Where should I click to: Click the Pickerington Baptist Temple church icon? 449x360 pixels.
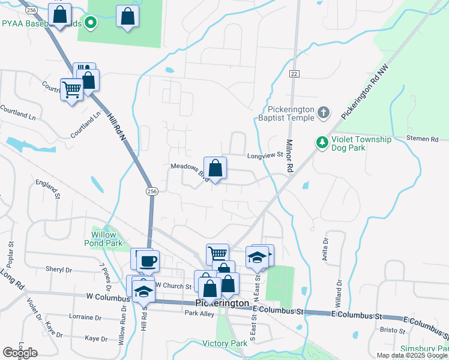click(x=323, y=112)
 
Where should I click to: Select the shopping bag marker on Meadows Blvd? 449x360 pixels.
click(x=215, y=168)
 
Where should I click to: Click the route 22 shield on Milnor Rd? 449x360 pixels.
click(x=294, y=73)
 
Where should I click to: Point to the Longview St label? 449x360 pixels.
click(x=265, y=155)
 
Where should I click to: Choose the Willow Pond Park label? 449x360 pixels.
click(x=107, y=238)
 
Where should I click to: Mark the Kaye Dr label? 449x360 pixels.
click(x=95, y=339)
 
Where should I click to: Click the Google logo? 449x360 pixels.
click(x=20, y=353)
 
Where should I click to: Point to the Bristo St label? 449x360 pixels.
click(x=393, y=329)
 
